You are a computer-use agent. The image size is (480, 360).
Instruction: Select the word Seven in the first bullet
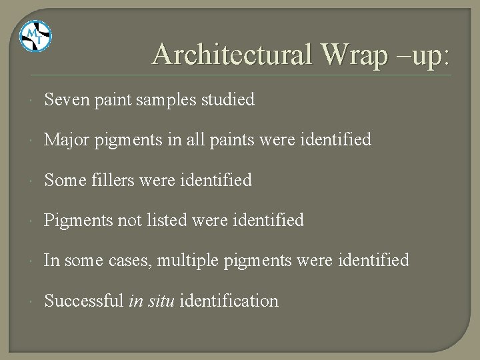coord(67,100)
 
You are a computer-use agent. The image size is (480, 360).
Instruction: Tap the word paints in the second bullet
coord(264,141)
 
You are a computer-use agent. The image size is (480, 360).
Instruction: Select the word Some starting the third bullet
coord(64,181)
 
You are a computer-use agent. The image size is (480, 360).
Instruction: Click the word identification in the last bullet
coord(228,301)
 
